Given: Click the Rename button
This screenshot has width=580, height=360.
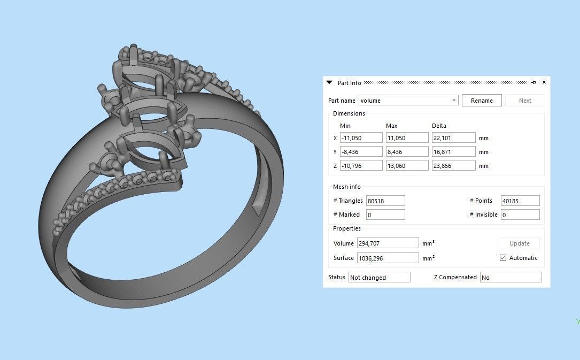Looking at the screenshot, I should [x=482, y=101].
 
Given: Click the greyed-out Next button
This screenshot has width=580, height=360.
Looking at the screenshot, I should [x=524, y=101].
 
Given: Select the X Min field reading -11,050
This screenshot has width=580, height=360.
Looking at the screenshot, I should [x=361, y=138].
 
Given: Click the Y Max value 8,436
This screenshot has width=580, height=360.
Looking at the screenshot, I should [x=407, y=152].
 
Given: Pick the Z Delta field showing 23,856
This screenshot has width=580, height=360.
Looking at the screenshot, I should [x=453, y=166].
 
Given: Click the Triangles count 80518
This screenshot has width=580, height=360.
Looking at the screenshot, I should [x=385, y=201].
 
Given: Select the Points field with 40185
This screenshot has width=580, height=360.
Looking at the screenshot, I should [x=520, y=201].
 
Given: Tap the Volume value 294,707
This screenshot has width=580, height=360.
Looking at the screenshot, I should [x=388, y=243].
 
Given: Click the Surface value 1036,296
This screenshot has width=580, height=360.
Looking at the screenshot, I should [x=388, y=258].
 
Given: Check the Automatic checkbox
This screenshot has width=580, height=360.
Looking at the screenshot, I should [x=503, y=258].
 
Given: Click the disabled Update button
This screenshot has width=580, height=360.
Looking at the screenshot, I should [x=519, y=243].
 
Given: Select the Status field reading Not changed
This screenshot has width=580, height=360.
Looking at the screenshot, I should [x=379, y=278].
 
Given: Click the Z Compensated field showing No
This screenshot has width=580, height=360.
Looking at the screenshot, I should [x=510, y=278].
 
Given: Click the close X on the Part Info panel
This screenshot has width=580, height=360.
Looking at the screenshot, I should [x=544, y=82].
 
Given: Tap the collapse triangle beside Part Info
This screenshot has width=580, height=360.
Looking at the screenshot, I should [x=329, y=82].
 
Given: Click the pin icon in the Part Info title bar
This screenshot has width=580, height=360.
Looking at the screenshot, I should [x=533, y=82].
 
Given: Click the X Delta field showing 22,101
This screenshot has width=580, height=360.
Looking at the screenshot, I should [x=453, y=138].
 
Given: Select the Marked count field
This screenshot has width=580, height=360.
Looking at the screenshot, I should [x=385, y=215].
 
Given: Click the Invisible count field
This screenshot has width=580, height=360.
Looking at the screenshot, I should [x=520, y=215].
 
